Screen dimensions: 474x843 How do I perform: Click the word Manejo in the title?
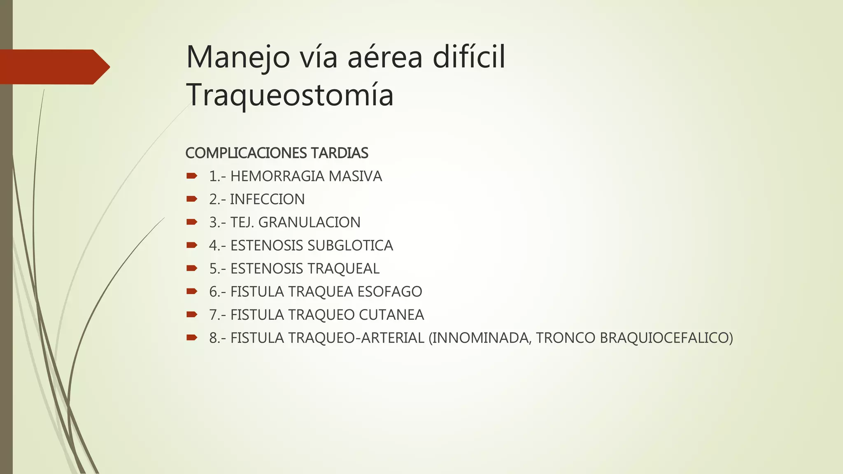(x=238, y=58)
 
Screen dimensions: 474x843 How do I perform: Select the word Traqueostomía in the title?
(x=290, y=95)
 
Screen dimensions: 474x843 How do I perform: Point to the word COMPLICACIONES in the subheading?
(x=246, y=153)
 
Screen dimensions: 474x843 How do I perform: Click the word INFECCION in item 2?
(x=267, y=199)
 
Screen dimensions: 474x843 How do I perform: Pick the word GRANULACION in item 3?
(x=309, y=222)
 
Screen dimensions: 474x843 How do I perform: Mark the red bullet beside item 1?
(x=191, y=176)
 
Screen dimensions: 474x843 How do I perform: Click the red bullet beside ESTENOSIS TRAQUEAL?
(x=191, y=268)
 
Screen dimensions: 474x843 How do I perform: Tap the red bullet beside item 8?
(x=191, y=338)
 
